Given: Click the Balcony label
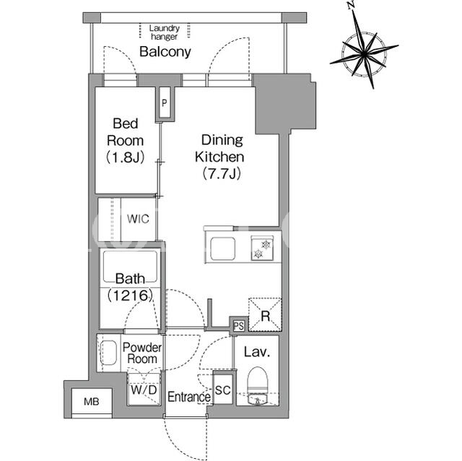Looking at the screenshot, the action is point(165,52).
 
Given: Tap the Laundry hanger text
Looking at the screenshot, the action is point(164,32).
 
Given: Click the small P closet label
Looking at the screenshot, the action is point(165,103).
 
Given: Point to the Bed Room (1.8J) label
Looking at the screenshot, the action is point(126,141).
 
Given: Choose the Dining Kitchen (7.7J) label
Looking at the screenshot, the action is point(219,157).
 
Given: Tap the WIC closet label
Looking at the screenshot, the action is point(138,219).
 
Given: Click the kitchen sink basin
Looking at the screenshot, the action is point(223,248).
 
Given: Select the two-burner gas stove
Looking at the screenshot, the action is point(262,248).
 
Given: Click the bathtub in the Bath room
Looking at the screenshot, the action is point(130,267).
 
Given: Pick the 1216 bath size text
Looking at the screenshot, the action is point(130,295).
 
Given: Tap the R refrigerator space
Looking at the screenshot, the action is point(265,315).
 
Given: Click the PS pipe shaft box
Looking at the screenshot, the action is point(239,326).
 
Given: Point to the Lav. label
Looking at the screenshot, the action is point(257,352).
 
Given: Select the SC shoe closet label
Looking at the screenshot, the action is point(223,390).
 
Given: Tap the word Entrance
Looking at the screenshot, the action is point(189,397).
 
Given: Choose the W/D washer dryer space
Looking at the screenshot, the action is point(144,390).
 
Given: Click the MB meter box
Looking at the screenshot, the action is point(92,401).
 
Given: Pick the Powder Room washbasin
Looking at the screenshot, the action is point(108,353).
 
